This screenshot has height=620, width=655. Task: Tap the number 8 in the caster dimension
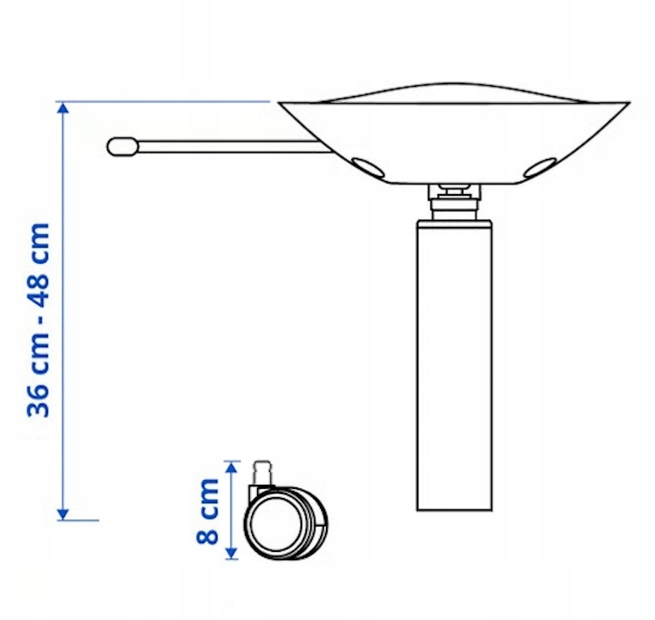point(208,534)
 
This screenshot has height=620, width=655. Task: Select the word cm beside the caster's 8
point(208,498)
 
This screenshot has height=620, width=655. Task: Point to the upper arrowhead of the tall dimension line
point(63,108)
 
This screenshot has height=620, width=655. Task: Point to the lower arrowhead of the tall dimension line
point(63,514)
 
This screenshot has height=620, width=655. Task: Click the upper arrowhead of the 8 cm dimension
point(232,467)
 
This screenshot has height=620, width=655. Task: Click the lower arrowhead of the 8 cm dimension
point(232,553)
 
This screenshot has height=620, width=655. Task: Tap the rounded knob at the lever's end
point(122,147)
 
